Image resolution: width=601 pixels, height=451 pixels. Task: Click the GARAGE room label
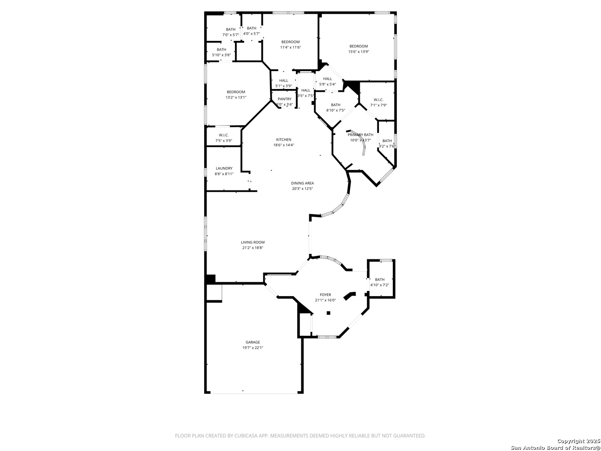pyautogui.click(x=253, y=342)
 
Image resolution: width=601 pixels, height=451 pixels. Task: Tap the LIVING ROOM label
pyautogui.click(x=253, y=242)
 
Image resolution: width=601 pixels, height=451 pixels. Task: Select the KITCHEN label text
pyautogui.click(x=283, y=139)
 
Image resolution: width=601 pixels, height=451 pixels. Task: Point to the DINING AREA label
pyautogui.click(x=302, y=183)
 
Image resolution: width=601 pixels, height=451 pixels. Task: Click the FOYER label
pyautogui.click(x=325, y=295)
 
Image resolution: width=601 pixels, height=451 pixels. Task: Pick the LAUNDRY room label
pyautogui.click(x=224, y=168)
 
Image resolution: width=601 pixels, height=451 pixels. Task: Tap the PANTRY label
pyautogui.click(x=284, y=99)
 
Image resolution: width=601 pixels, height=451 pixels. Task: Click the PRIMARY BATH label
pyautogui.click(x=360, y=135)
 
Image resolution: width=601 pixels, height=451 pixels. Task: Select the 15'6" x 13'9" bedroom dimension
pyautogui.click(x=359, y=52)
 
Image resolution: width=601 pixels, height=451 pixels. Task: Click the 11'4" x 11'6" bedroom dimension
pyautogui.click(x=290, y=47)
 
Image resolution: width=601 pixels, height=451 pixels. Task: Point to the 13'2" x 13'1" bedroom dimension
pyautogui.click(x=236, y=97)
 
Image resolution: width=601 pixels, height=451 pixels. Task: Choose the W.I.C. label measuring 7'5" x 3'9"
pyautogui.click(x=223, y=141)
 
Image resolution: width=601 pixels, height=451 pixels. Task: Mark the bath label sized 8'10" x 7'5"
pyautogui.click(x=336, y=110)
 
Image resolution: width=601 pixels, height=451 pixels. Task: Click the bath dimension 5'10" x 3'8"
pyautogui.click(x=221, y=55)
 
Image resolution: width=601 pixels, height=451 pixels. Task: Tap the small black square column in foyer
pyautogui.click(x=328, y=313)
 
